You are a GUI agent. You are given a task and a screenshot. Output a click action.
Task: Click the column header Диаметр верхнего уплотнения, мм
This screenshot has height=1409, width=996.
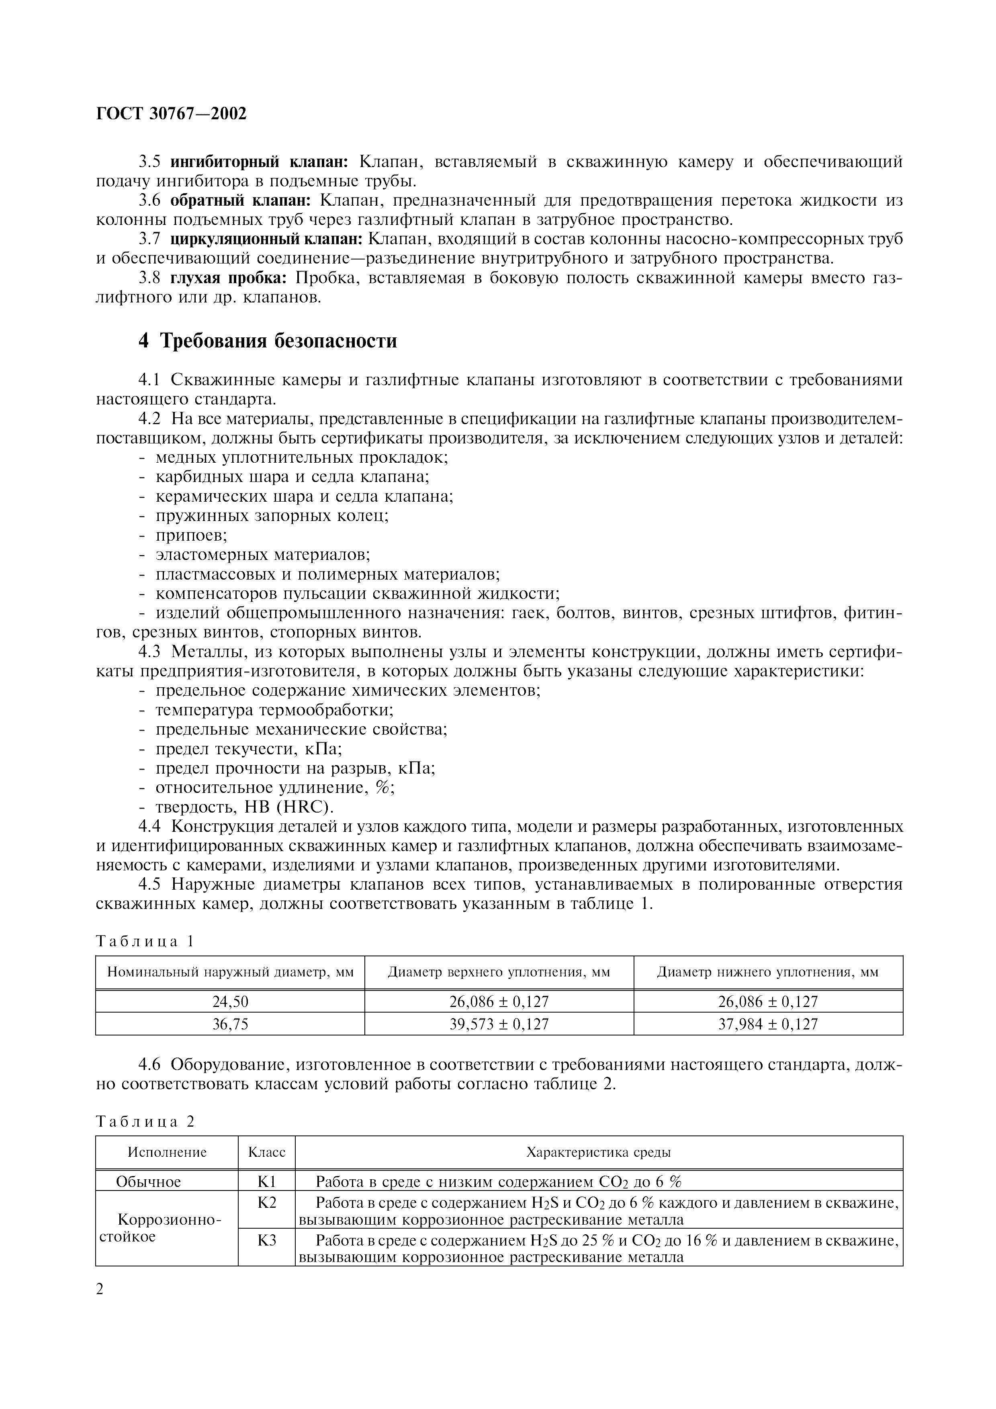coord(499,972)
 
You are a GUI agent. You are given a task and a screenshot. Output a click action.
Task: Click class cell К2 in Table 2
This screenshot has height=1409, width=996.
coord(266,1202)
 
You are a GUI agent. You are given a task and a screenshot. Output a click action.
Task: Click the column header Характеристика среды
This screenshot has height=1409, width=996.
coord(598,1152)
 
